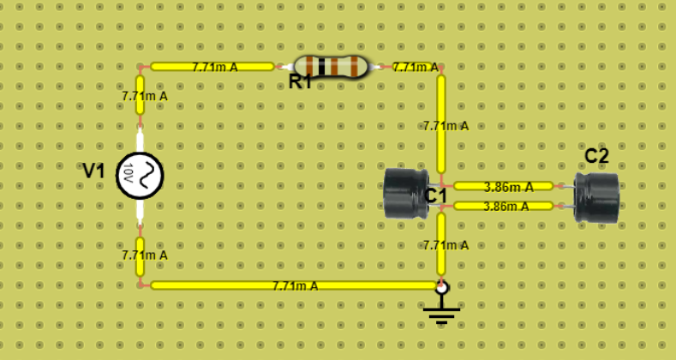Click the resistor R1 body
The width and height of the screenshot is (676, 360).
click(330, 66)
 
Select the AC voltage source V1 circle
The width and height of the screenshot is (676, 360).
click(140, 177)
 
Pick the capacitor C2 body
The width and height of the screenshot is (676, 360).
click(597, 197)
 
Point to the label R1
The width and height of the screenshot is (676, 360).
click(300, 83)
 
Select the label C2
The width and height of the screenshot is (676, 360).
click(596, 156)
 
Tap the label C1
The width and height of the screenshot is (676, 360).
click(436, 196)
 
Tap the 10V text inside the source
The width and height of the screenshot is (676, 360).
click(129, 177)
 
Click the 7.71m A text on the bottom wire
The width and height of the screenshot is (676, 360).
click(295, 285)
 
